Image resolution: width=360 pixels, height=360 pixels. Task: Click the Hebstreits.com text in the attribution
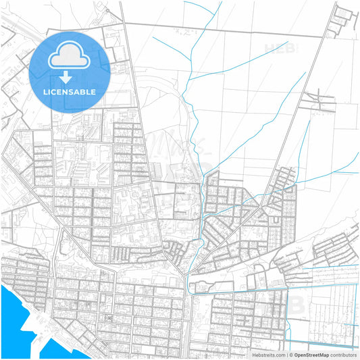(263, 354)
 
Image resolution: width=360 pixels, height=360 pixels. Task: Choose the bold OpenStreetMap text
(315, 354)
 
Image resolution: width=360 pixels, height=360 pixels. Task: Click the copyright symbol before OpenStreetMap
(292, 354)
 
